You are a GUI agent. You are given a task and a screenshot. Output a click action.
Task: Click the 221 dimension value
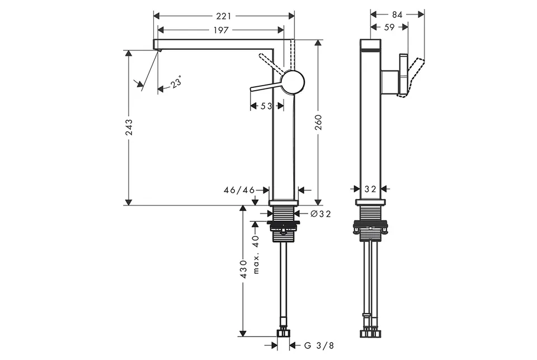(x=224, y=16)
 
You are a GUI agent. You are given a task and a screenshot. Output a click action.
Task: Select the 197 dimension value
(x=222, y=30)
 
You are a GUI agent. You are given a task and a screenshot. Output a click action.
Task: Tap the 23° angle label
(x=176, y=83)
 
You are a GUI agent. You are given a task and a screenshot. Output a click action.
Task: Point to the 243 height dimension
(x=129, y=127)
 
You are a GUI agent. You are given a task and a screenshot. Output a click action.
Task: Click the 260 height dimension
(x=318, y=123)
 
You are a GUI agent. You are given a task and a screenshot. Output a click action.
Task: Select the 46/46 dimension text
(x=239, y=190)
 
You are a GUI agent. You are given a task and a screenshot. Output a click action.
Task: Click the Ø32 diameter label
(x=321, y=214)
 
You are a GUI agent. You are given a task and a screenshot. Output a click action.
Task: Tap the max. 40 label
(x=256, y=254)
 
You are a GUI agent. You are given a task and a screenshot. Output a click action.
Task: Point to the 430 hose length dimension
(x=243, y=269)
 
